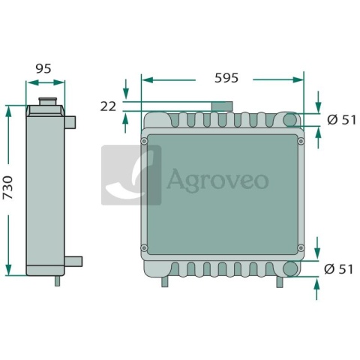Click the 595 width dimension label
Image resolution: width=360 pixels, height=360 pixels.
point(226,78)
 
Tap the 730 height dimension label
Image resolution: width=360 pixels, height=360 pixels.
point(7,187)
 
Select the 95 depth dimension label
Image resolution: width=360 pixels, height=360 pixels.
point(43,68)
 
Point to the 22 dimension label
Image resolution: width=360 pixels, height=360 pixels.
point(108,106)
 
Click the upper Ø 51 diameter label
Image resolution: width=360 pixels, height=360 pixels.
point(341,120)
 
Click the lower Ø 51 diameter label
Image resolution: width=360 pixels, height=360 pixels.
point(338,269)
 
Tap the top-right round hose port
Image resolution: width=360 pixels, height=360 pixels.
point(290,120)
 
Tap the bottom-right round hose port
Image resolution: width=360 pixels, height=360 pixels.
point(290,268)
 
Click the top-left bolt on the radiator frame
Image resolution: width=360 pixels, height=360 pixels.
point(144,141)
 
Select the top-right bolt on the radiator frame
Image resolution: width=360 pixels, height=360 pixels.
point(301,141)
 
